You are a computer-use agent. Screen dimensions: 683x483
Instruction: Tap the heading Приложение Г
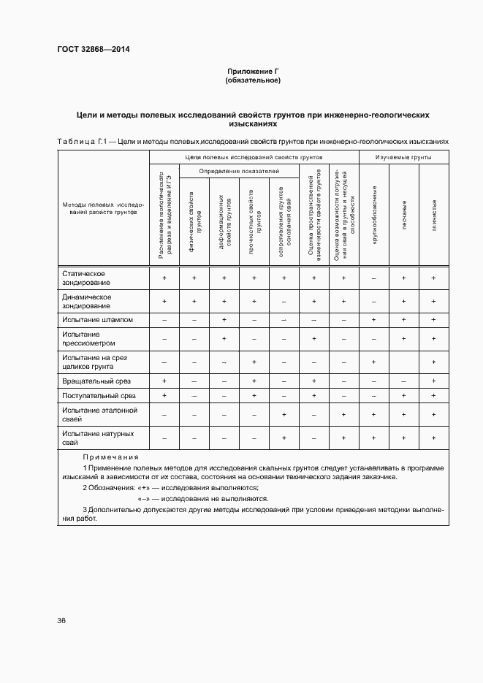(x=253, y=71)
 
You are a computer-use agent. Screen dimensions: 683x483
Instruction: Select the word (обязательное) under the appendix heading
(x=253, y=80)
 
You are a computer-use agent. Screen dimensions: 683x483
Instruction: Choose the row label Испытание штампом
(x=88, y=319)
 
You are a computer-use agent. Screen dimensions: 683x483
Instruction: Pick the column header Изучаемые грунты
(x=403, y=157)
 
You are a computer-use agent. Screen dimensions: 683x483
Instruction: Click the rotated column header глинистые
(x=434, y=213)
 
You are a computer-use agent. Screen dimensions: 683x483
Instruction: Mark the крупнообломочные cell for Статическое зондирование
(x=373, y=278)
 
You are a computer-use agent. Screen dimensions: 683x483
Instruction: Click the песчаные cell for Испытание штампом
(x=403, y=320)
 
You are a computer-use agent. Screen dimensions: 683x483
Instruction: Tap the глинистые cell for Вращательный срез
(x=434, y=381)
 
